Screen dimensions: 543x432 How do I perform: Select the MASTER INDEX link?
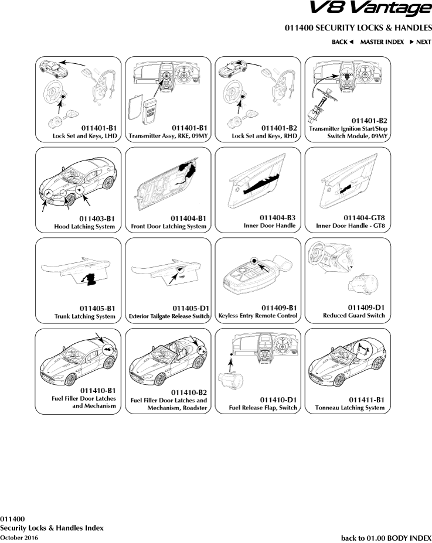(x=382, y=42)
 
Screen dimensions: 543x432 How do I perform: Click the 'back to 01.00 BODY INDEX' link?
(x=386, y=537)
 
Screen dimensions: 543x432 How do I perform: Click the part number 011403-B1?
(x=97, y=218)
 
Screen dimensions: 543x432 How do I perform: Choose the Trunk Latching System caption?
(x=84, y=316)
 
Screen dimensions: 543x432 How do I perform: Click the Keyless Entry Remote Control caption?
(x=258, y=316)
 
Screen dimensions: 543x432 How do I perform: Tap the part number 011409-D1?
(x=366, y=308)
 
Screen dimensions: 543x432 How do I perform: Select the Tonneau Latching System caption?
(x=350, y=408)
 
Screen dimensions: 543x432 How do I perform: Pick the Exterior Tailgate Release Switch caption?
(x=169, y=316)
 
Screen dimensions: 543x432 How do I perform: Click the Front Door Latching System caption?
(x=169, y=226)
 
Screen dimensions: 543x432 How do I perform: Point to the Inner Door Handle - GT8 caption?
(x=351, y=226)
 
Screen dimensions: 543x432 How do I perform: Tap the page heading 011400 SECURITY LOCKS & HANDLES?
(x=358, y=28)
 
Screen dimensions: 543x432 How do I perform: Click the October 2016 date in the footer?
(x=19, y=537)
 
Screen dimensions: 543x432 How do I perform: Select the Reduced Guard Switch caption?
(x=354, y=316)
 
